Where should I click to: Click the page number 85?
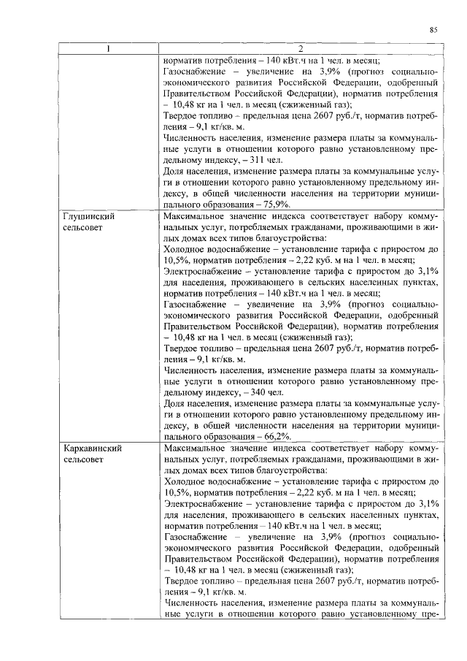coord(433,30)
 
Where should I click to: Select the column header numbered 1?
coord(109,50)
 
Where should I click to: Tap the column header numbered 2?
coord(299,50)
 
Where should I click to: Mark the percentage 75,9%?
coord(277,207)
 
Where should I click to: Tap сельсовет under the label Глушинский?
coord(83,228)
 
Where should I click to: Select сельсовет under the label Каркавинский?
coord(83,459)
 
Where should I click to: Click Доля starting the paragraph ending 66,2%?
coord(176,404)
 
